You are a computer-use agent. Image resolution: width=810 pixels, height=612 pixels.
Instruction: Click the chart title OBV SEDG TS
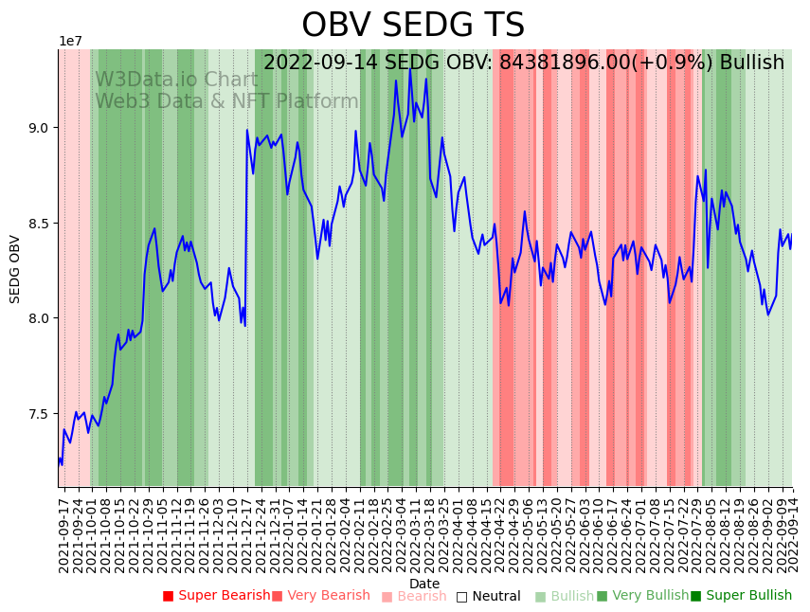coord(413,26)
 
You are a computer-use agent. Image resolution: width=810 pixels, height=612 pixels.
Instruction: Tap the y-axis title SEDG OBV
coord(15,268)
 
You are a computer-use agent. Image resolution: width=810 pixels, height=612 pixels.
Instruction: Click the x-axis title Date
coord(424,584)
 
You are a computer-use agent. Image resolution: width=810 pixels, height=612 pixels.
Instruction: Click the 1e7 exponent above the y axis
coord(71,42)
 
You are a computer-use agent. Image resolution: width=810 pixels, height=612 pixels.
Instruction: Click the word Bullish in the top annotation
coord(751,63)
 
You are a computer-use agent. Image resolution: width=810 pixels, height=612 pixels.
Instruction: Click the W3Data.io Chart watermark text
coord(176,81)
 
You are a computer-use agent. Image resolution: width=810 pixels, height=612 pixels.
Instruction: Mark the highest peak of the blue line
coord(410,68)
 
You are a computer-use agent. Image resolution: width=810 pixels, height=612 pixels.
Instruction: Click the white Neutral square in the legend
coord(462,597)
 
